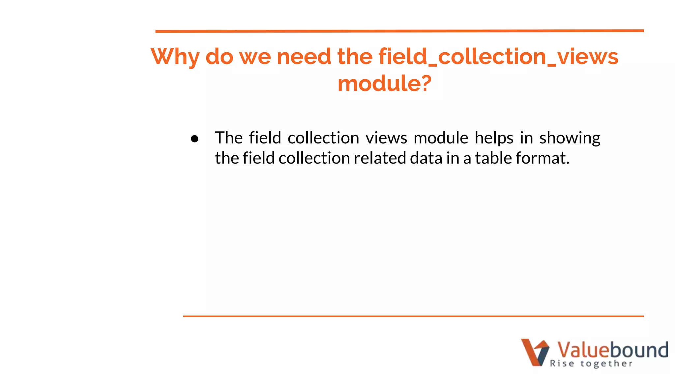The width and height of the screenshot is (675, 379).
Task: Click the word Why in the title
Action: (175, 57)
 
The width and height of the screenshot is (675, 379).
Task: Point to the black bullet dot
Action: (194, 139)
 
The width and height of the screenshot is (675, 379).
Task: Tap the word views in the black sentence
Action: (386, 138)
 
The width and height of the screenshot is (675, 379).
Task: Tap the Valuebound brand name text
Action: (612, 350)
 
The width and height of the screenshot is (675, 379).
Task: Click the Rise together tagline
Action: (591, 364)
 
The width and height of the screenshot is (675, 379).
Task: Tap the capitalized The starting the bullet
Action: (229, 138)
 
